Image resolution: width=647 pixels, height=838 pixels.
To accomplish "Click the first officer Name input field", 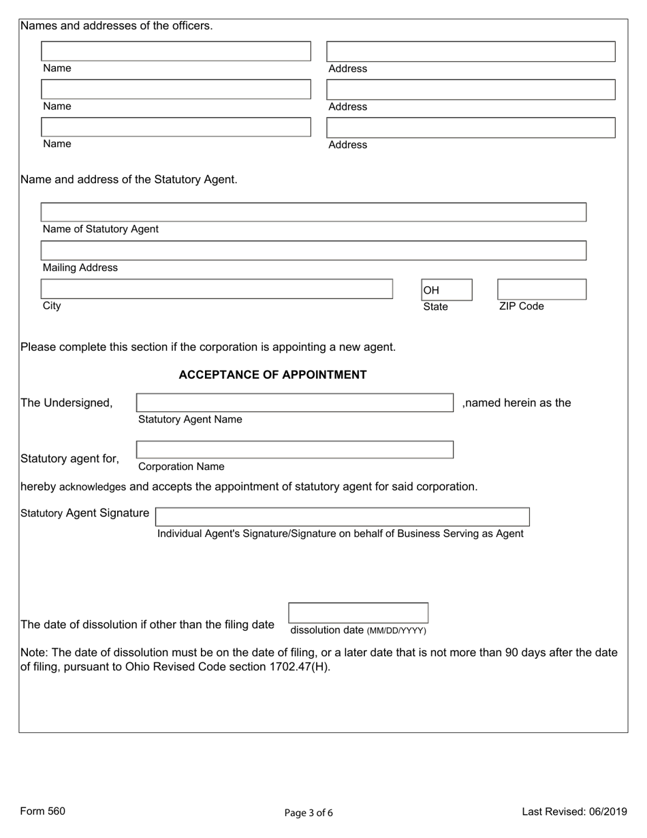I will point(176,52).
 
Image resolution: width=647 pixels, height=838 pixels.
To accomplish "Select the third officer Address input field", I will point(471,128).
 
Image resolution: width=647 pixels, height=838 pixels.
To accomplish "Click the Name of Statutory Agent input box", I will point(313,212).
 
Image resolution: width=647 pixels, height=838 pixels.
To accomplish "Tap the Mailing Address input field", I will point(313,251).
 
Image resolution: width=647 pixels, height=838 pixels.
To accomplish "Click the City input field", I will point(217,289).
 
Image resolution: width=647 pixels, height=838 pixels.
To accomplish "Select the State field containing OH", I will point(446,290).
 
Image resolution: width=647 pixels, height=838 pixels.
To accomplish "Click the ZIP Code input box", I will point(541,290).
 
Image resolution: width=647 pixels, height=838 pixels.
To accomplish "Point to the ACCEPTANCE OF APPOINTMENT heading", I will point(272,375).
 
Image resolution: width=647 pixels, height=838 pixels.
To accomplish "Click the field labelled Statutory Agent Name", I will point(295,403).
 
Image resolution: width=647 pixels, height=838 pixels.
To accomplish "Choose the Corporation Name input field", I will point(295,450).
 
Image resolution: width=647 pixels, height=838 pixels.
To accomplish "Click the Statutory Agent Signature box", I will point(343,516).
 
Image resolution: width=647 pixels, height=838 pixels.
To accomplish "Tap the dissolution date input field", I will point(358,612).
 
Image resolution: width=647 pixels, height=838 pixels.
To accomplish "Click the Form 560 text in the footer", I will point(43,811).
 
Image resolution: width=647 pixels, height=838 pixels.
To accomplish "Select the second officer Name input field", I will point(176,90).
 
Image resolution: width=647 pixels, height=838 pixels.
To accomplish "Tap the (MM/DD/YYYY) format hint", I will point(396,631).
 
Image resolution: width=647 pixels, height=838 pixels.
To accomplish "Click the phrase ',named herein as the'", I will point(516,403).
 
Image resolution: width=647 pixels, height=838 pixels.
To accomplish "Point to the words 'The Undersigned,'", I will point(67,403).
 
